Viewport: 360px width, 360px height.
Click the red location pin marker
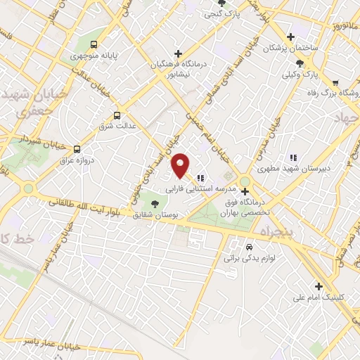[x=181, y=165]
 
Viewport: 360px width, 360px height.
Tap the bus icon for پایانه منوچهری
[x=94, y=41]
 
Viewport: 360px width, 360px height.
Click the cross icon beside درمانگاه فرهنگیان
[x=179, y=53]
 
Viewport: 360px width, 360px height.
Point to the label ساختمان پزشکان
[x=290, y=49]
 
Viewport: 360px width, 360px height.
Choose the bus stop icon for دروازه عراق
[x=77, y=149]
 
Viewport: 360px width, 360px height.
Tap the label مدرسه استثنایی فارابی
[x=193, y=189]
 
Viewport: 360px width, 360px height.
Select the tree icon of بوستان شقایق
[x=155, y=202]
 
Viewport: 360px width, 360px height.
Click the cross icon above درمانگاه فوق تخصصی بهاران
[x=245, y=191]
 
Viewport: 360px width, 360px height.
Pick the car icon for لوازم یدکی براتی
[x=249, y=247]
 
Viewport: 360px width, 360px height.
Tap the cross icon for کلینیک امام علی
[x=319, y=285]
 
